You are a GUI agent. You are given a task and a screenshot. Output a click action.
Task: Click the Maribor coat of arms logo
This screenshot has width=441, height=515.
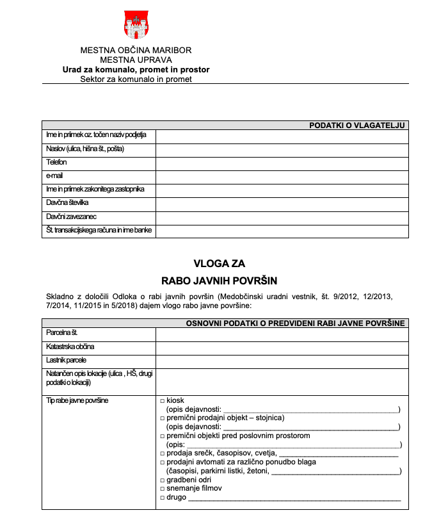(x=136, y=24)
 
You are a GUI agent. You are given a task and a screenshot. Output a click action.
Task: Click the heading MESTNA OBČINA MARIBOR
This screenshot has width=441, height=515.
(x=136, y=50)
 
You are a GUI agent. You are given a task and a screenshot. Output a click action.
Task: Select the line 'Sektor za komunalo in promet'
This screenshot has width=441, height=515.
(x=136, y=79)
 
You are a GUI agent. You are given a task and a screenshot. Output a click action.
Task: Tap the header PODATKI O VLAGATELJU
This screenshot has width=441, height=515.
(x=357, y=126)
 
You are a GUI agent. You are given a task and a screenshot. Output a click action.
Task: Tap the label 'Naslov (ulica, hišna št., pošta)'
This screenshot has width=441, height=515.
(x=84, y=149)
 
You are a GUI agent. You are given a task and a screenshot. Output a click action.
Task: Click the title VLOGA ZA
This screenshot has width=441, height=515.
(x=220, y=263)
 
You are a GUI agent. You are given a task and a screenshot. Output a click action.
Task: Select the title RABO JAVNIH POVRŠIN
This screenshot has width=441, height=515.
(x=220, y=280)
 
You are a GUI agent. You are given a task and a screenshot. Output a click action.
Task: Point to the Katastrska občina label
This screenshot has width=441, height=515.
(x=70, y=347)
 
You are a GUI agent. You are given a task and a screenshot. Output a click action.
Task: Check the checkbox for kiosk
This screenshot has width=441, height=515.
(x=162, y=400)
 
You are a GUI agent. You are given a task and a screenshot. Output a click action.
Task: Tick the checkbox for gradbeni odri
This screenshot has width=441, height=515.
(x=162, y=480)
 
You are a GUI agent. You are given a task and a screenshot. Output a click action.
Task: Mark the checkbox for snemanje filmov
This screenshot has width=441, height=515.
(x=162, y=489)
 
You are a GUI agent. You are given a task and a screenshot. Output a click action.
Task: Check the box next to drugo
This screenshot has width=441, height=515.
(x=162, y=498)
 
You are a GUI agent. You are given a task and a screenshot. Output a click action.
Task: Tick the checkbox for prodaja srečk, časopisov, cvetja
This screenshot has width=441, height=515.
(x=162, y=454)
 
